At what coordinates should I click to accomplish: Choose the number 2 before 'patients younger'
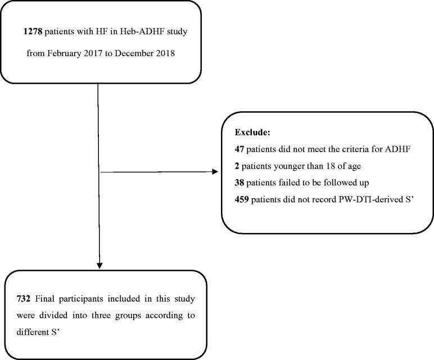point(237,166)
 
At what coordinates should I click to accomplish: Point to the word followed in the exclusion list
point(334,182)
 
